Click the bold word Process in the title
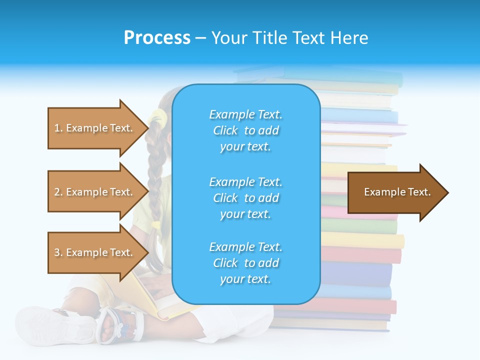pos(157,37)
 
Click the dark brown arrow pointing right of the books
pos(397,192)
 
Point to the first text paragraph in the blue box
pos(245,130)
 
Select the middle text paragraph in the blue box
pos(245,198)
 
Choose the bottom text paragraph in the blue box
pos(245,263)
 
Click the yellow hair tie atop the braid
pos(157,117)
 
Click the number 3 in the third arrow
pos(57,252)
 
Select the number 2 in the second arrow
pos(57,192)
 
